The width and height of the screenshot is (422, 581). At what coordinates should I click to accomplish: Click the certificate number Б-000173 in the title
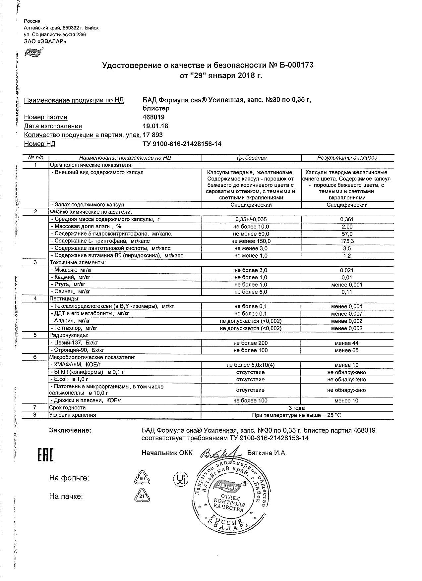pos(295,65)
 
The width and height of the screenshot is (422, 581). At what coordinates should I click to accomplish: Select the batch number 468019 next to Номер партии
pos(153,117)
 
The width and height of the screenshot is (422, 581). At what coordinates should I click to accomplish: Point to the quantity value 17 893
pos(152,135)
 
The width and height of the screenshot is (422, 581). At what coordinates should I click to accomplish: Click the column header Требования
pos(251,158)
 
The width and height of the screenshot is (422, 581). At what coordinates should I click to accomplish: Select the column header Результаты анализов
pos(347,158)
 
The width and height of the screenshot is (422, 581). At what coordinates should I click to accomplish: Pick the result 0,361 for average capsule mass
pos(347,219)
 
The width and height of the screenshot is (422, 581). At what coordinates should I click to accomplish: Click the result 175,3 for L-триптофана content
pos(347,241)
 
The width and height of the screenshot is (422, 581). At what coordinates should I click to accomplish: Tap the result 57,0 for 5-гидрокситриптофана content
pos(347,234)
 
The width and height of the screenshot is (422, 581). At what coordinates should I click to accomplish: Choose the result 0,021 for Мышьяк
pos(347,270)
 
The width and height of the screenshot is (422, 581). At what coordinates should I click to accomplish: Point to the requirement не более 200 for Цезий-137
pos(251,343)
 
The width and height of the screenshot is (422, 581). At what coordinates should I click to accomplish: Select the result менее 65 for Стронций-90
pos(346,350)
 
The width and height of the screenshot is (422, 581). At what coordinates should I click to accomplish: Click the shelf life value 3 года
pos(297,408)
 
